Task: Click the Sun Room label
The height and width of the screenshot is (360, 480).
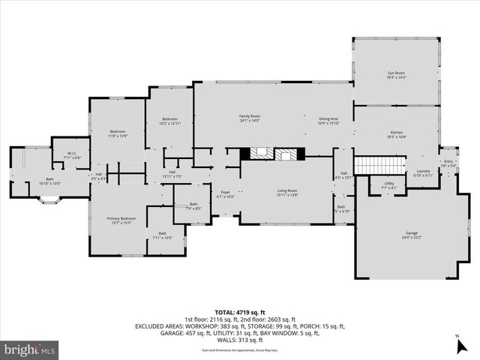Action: click(x=396, y=75)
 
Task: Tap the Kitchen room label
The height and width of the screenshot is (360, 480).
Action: click(x=396, y=134)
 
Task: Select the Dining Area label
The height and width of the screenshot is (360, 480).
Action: click(x=328, y=119)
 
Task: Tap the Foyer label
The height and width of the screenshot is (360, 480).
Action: click(x=225, y=194)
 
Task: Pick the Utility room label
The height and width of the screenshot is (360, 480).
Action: click(x=388, y=185)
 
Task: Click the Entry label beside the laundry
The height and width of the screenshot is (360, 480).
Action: click(x=448, y=163)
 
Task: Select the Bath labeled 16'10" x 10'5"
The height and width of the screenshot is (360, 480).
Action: click(x=49, y=181)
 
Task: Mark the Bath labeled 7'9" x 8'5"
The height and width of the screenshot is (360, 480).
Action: click(x=193, y=206)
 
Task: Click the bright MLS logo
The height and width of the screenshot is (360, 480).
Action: click(x=30, y=349)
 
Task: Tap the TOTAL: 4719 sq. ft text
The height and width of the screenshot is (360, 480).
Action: click(x=240, y=312)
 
